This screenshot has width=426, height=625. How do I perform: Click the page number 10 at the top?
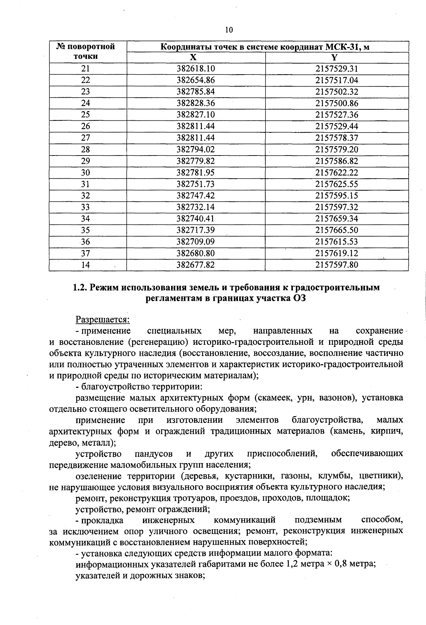(x=229, y=30)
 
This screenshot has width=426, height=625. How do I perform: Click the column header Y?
(x=334, y=58)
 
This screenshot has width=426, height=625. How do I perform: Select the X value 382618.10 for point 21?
(x=196, y=69)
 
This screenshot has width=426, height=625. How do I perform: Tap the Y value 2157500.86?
(x=337, y=103)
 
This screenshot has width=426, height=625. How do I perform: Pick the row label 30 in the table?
(x=86, y=173)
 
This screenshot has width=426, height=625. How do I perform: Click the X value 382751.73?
(x=196, y=184)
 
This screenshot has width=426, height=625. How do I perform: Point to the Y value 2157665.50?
(x=337, y=230)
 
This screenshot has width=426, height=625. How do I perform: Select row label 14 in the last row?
(x=86, y=265)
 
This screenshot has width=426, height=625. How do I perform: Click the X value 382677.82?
(x=196, y=265)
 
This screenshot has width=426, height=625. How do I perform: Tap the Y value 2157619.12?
(x=337, y=253)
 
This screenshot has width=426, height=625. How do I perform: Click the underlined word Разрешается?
(x=103, y=320)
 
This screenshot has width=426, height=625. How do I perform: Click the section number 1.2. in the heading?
(x=80, y=287)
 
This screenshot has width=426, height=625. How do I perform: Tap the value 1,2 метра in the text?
(x=301, y=564)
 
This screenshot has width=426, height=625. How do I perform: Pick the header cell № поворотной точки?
(x=86, y=51)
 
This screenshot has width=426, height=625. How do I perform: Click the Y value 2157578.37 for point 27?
(x=337, y=138)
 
